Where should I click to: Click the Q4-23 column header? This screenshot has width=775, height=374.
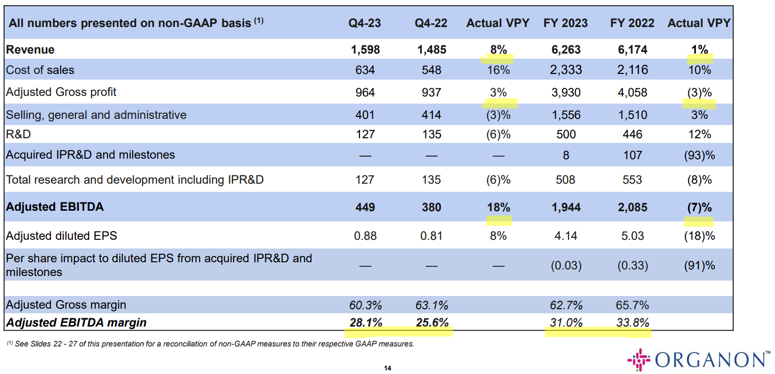pyautogui.click(x=365, y=23)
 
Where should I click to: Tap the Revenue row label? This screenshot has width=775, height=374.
pyautogui.click(x=30, y=49)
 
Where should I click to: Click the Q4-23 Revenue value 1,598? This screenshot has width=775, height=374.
pyautogui.click(x=366, y=49)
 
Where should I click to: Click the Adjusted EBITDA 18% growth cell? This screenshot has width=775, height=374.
pyautogui.click(x=498, y=207)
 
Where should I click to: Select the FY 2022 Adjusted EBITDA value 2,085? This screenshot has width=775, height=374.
pyautogui.click(x=632, y=207)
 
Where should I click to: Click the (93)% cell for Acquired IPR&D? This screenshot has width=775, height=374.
pyautogui.click(x=700, y=155)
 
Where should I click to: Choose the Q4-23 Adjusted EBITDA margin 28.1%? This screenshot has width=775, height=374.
pyautogui.click(x=366, y=322)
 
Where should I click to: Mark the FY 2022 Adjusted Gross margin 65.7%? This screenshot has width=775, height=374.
pyautogui.click(x=632, y=305)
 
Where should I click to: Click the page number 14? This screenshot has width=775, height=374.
pyautogui.click(x=387, y=368)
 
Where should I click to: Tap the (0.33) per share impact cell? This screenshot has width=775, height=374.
pyautogui.click(x=632, y=265)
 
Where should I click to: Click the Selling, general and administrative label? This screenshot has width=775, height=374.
pyautogui.click(x=96, y=115)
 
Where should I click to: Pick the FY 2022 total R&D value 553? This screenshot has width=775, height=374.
pyautogui.click(x=632, y=180)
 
